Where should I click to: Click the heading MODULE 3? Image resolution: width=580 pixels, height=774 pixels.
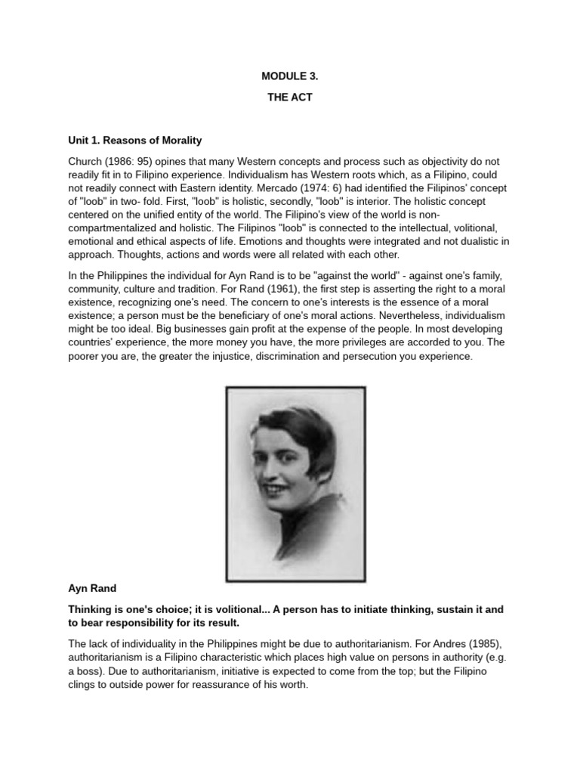point(289,76)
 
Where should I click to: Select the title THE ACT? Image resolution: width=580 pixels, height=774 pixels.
point(289,98)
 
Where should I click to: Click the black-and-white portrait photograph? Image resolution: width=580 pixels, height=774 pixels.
point(295,483)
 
